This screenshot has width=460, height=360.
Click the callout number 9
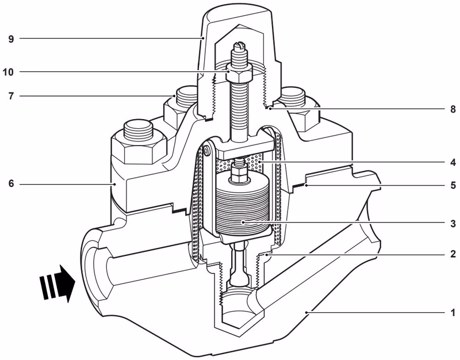coord(11,39)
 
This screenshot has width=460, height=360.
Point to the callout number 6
coord(11,184)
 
